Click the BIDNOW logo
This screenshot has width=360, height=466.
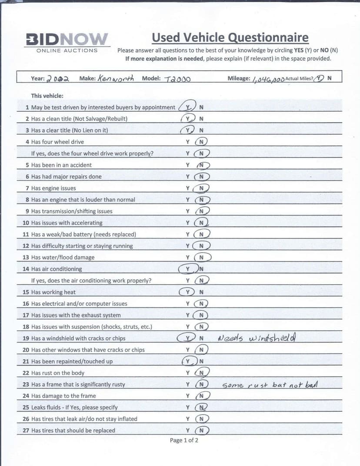67,39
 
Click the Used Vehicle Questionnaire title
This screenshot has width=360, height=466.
230,38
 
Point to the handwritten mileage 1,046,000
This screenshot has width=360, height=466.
268,79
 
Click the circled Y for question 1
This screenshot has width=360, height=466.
188,107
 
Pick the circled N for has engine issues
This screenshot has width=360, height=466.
201,188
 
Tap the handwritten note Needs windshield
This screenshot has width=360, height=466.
257,338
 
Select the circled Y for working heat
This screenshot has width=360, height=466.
188,292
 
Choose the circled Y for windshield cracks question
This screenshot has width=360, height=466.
187,338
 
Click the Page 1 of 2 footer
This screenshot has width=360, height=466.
184,440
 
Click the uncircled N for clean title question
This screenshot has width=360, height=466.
201,119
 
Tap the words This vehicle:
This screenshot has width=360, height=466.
47,96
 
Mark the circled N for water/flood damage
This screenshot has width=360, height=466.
202,257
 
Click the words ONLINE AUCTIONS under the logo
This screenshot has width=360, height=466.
67,50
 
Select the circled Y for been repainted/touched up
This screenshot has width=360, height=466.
188,361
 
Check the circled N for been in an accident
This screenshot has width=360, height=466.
202,165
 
